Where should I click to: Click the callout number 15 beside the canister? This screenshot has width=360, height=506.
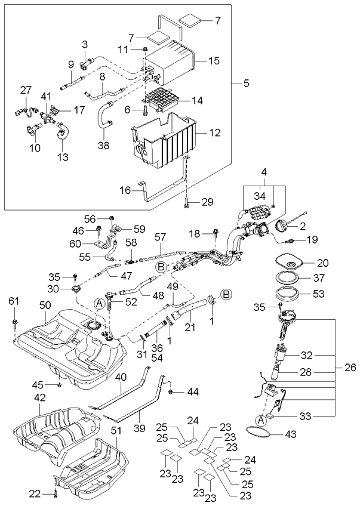213,60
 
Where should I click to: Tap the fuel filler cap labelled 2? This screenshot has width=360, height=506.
282,227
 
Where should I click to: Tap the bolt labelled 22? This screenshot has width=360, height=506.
55,493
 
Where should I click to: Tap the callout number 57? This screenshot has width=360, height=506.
160,237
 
